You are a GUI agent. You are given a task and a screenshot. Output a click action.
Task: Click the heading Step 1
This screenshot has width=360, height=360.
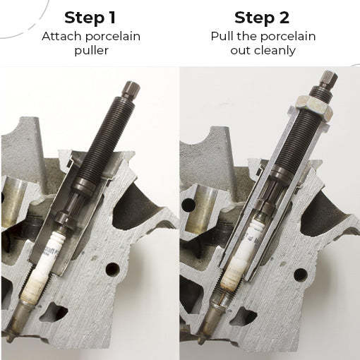click(x=90, y=18)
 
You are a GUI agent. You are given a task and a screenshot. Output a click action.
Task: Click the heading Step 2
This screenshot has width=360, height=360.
click(x=262, y=18)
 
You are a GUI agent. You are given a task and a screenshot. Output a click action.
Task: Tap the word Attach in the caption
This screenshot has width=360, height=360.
click(x=62, y=37)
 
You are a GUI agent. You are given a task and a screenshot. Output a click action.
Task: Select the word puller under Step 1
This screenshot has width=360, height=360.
click(x=91, y=51)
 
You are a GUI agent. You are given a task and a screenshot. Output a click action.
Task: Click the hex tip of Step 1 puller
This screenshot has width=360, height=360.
click(x=131, y=90)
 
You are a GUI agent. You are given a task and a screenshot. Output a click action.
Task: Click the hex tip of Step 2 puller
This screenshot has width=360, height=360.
click(x=328, y=78)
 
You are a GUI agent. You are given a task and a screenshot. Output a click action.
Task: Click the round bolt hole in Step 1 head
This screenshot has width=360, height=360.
click(x=112, y=270)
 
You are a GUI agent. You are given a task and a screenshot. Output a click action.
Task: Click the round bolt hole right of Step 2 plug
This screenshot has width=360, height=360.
click(x=301, y=275)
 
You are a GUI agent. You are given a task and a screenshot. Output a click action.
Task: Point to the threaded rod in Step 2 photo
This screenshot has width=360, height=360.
click(x=299, y=139)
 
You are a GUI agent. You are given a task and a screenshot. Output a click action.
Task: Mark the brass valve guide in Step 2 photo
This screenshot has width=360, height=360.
click(x=204, y=207)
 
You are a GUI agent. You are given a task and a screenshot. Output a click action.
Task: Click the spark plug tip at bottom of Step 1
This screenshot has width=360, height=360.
click(x=10, y=339)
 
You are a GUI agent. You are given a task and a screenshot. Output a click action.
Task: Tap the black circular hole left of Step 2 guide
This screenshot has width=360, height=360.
click(x=188, y=205)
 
